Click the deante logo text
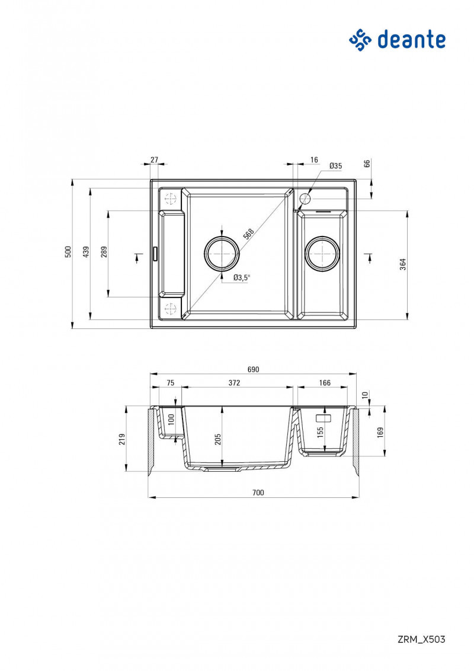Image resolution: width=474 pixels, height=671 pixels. pos(411,40)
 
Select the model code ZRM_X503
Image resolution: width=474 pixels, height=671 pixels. pos(421,639)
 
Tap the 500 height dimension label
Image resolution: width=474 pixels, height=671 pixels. pos(68,252)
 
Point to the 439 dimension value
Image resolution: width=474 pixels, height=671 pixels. pos(87,252)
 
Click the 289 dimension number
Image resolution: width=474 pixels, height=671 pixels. pos(104,252)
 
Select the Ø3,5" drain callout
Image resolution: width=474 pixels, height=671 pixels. pos(242,277)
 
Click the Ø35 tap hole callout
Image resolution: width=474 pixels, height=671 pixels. pos(335,166)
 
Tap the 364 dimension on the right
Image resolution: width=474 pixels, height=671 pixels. pos(403,264)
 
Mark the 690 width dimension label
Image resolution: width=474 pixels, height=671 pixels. pos(253,369)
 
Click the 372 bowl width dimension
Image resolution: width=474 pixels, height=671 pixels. pos(235,383)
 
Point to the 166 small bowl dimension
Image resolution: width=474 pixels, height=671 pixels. pos(325,383)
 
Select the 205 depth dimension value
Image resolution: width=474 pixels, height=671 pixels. pos(217,439)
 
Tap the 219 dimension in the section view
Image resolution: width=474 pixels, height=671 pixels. pos(123,439)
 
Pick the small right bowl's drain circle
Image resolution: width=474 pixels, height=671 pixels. pos(322,253)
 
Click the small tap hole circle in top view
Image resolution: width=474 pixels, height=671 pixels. pos(306,198)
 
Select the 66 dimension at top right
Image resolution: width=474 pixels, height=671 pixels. pos(367,164)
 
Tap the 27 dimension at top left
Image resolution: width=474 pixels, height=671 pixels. pos(154,160)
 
